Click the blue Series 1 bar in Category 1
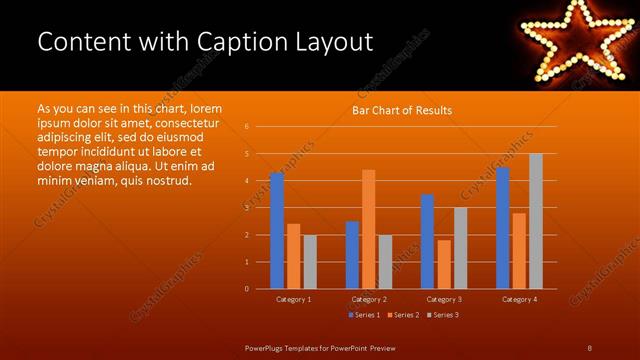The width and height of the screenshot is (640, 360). pos(276,230)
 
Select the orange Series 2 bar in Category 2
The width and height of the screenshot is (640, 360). pos(369,229)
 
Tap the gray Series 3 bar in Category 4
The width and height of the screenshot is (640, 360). pos(536,221)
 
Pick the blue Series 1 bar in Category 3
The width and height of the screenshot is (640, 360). pos(427,241)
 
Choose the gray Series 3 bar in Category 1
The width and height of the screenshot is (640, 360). pos(310,261)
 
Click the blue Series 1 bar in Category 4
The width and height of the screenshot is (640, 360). pos(502,227)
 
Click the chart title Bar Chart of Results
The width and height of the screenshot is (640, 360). pos(401,110)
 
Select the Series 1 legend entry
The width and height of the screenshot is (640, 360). pos(363,315)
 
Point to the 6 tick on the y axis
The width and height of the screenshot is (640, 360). pos(247,127)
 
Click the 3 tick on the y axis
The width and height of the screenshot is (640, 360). pos(247,208)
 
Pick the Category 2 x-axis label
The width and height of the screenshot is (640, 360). pos(369,299)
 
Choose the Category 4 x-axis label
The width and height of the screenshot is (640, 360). pos(519,299)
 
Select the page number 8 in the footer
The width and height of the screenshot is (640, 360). pos(589,347)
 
